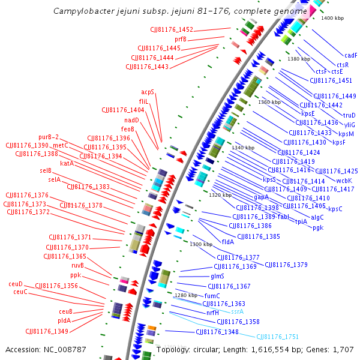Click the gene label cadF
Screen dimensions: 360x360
[x=350, y=55]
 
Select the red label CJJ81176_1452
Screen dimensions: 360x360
[x=172, y=30]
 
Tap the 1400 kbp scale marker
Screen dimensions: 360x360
[x=332, y=19]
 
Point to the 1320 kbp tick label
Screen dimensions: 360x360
[x=220, y=195]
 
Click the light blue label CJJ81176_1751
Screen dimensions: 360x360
[x=277, y=337]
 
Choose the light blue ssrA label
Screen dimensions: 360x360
[x=238, y=311]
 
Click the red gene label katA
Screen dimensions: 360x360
[x=67, y=163]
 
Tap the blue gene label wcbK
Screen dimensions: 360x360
[x=344, y=180]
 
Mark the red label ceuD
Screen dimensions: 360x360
[x=16, y=284]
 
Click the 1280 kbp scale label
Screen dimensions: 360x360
[x=185, y=295]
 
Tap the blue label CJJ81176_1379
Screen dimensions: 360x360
[x=286, y=265]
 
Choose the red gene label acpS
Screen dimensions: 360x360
[x=148, y=92]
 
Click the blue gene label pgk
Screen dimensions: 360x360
[x=317, y=227]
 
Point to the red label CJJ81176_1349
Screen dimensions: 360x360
[x=46, y=331]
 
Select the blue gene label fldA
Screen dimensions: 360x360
[x=228, y=242]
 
